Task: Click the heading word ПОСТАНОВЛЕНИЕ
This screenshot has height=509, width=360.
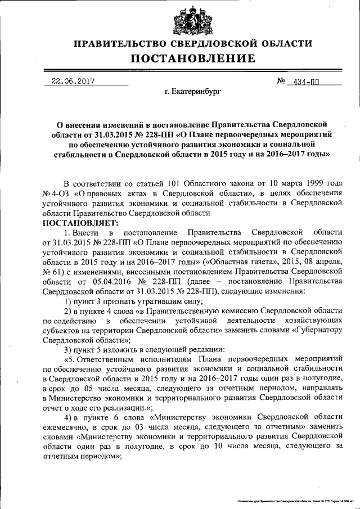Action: pyautogui.click(x=193, y=58)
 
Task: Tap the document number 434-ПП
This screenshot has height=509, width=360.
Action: pyautogui.click(x=303, y=82)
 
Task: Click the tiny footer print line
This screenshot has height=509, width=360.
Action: pyautogui.click(x=297, y=499)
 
